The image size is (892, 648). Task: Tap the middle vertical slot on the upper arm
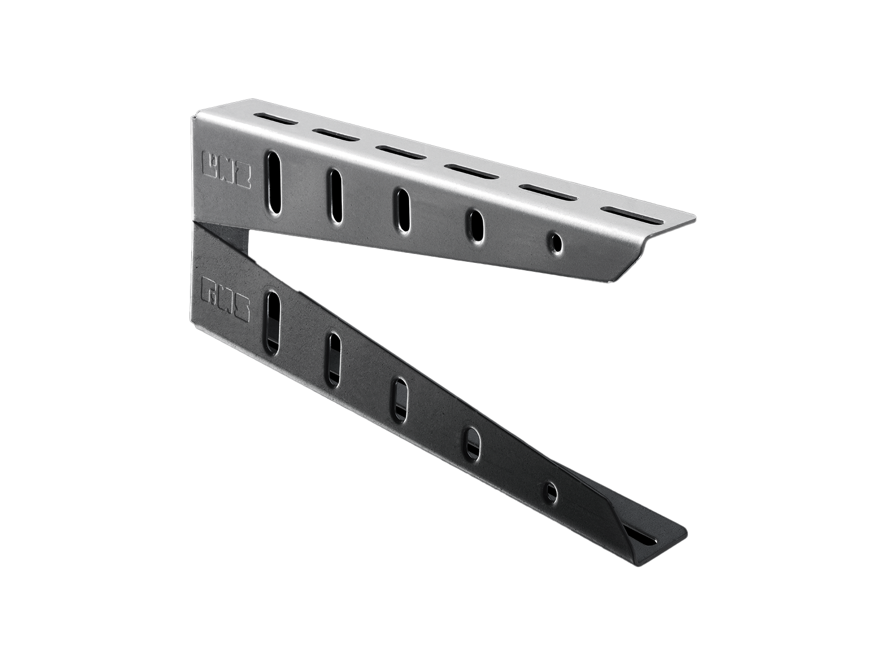[x=403, y=208]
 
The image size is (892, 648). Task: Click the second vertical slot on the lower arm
[x=333, y=359]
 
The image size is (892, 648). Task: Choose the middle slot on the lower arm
[x=400, y=400]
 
